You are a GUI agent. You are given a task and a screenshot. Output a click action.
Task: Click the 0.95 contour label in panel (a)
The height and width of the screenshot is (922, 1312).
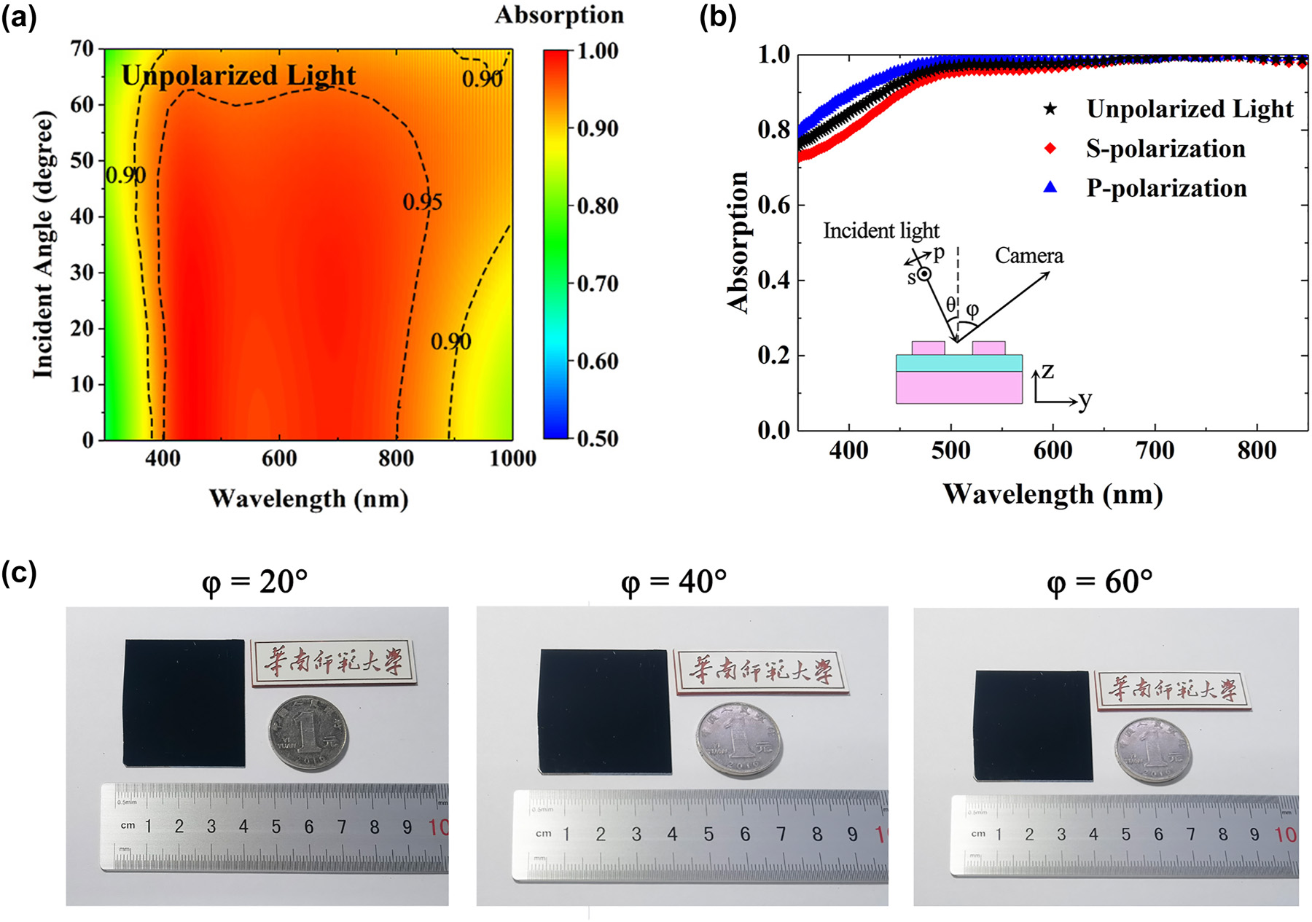pos(423,202)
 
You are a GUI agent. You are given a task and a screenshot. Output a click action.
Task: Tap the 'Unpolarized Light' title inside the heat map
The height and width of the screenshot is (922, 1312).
pos(238,75)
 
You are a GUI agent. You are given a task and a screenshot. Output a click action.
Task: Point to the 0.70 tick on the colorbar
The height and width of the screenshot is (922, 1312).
pos(597,284)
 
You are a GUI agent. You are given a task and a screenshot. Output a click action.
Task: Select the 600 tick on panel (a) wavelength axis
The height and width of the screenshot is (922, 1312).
pos(279,458)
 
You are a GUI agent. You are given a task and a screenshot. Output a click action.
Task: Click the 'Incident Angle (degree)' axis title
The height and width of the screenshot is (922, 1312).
pos(43,245)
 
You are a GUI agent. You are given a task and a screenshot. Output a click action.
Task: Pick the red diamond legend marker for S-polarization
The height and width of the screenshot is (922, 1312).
pos(1050,149)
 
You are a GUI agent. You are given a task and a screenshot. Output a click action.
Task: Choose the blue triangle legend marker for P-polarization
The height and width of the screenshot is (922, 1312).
pos(1050,187)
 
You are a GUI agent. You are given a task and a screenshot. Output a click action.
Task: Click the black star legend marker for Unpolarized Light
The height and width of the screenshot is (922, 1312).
pos(1050,109)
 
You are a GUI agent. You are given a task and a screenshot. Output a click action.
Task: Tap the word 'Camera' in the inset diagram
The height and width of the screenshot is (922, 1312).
pos(1028,256)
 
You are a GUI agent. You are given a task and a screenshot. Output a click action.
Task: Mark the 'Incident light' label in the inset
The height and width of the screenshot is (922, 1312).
pos(881,231)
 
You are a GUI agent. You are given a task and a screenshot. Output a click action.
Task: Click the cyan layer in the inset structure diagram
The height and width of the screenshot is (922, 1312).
pos(958,363)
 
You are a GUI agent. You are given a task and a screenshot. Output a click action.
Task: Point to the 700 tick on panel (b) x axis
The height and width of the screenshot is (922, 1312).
pos(1155,450)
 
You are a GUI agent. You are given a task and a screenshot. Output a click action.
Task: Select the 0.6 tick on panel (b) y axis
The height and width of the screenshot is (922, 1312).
pos(773,205)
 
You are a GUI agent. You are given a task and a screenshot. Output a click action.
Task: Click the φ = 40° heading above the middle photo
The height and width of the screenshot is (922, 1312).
pos(673,582)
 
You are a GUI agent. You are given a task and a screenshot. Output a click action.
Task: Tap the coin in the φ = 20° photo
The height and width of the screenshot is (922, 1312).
pos(308,732)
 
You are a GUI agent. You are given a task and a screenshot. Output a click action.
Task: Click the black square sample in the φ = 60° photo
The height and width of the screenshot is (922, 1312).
pos(1034,725)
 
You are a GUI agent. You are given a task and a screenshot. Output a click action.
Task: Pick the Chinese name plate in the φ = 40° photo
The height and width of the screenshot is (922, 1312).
pos(760,671)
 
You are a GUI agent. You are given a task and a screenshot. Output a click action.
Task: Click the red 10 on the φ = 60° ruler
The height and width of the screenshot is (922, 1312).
pos(1285,835)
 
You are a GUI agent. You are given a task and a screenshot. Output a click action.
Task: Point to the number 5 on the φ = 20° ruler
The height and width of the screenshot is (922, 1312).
pos(276,827)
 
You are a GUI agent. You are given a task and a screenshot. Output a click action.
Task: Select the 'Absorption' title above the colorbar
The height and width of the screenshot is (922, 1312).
pos(559,15)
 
